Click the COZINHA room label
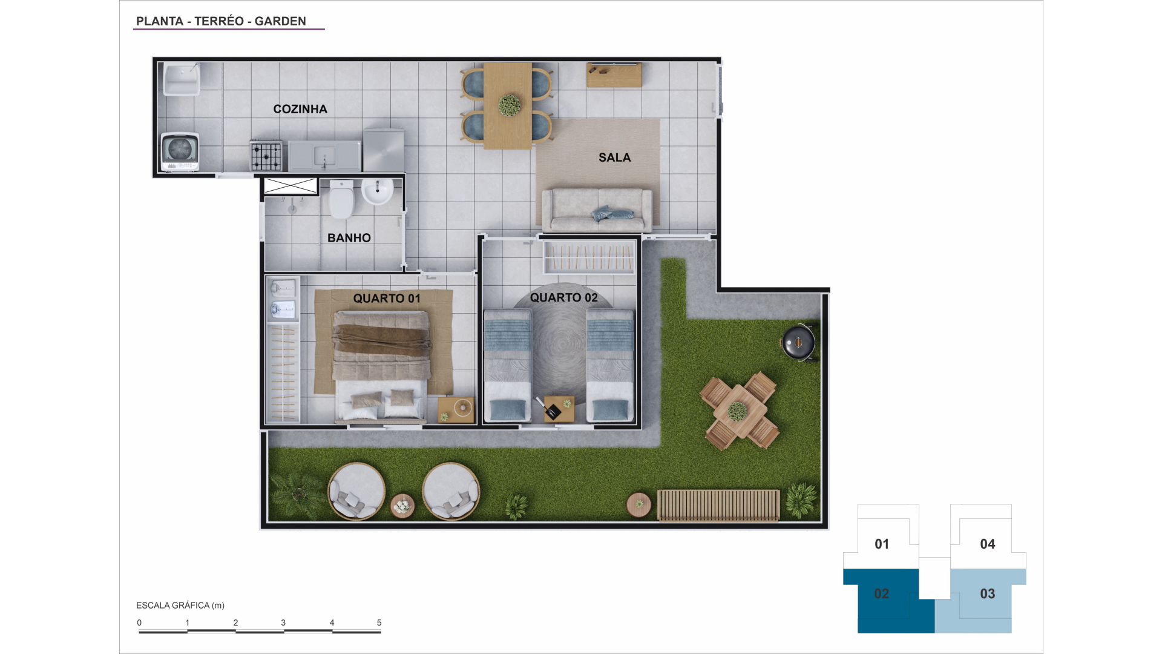300,109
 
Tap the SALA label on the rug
614,157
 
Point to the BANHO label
349,238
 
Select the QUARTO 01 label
387,299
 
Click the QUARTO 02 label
564,297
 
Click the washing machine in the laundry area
180,151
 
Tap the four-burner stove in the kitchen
266,156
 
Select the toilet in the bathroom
341,199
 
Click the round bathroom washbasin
377,191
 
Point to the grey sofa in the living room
597,210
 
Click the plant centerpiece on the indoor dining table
510,105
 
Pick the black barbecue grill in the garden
798,343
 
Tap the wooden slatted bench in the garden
718,505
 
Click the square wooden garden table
738,411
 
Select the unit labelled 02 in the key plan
888,601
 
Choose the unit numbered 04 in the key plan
988,537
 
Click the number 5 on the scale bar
379,623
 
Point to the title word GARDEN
280,21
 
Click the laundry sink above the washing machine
182,79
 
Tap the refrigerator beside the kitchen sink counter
384,150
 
